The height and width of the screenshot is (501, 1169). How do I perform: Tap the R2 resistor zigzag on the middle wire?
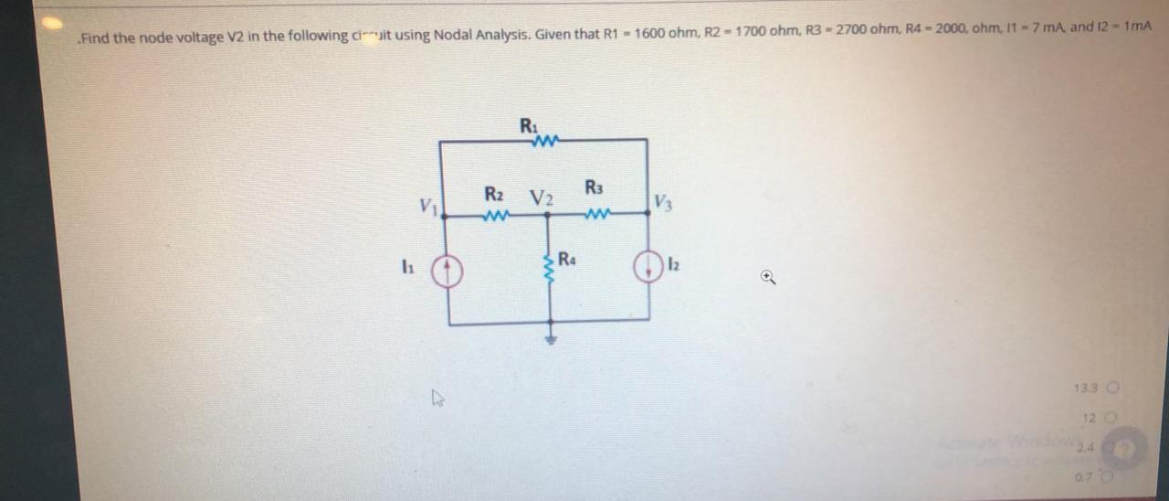494,217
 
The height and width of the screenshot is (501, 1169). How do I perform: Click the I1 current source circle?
448,270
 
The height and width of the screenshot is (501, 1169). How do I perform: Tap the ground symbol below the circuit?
550,339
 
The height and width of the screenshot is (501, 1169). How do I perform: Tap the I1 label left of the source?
405,269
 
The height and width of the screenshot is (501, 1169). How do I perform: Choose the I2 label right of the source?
673,266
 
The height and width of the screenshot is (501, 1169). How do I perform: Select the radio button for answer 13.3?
1111,388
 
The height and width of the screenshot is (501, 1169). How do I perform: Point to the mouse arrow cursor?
437,399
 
